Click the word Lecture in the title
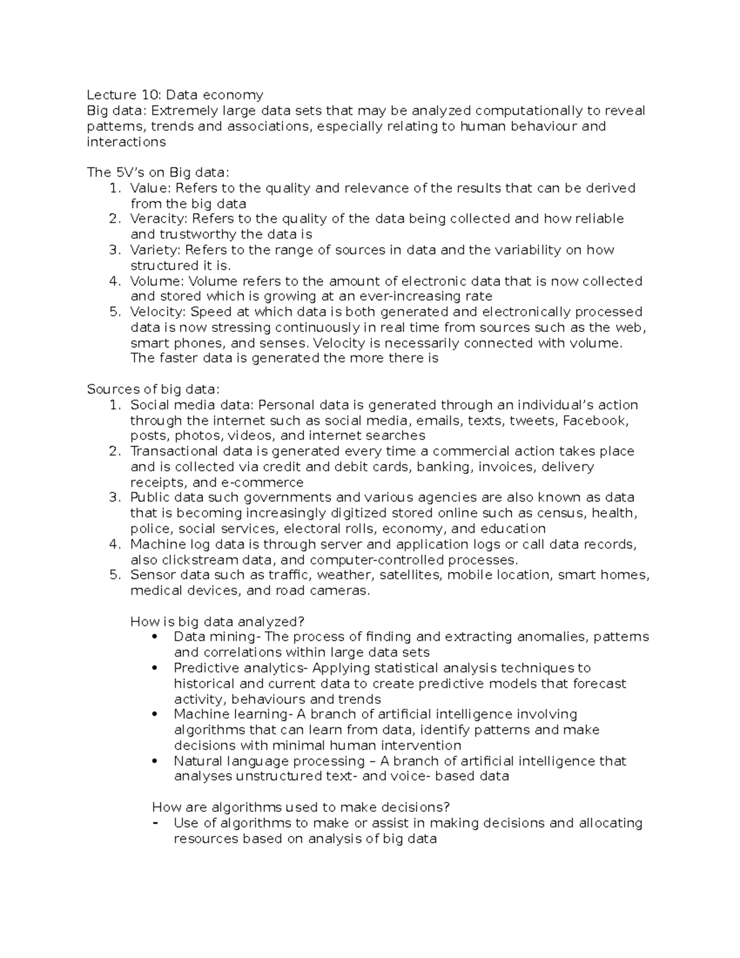pos(112,95)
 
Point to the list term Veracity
pos(159,219)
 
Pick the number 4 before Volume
pos(113,281)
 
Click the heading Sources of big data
pos(153,389)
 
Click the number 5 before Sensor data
pos(113,575)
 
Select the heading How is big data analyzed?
pos(218,622)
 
